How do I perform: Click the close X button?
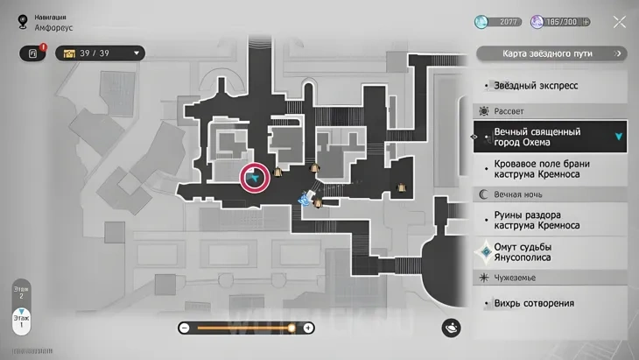coord(619,22)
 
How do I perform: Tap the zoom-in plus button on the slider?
coord(308,328)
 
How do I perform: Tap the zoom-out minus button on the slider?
coord(184,328)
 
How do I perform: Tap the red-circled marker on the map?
coord(255,178)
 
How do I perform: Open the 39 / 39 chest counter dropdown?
coord(100,53)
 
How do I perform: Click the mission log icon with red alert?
coord(33,53)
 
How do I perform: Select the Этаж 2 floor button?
coord(22,292)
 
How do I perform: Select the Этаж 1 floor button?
coord(22,321)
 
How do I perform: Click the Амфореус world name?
coord(55,28)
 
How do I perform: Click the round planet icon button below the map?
coord(452,327)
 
